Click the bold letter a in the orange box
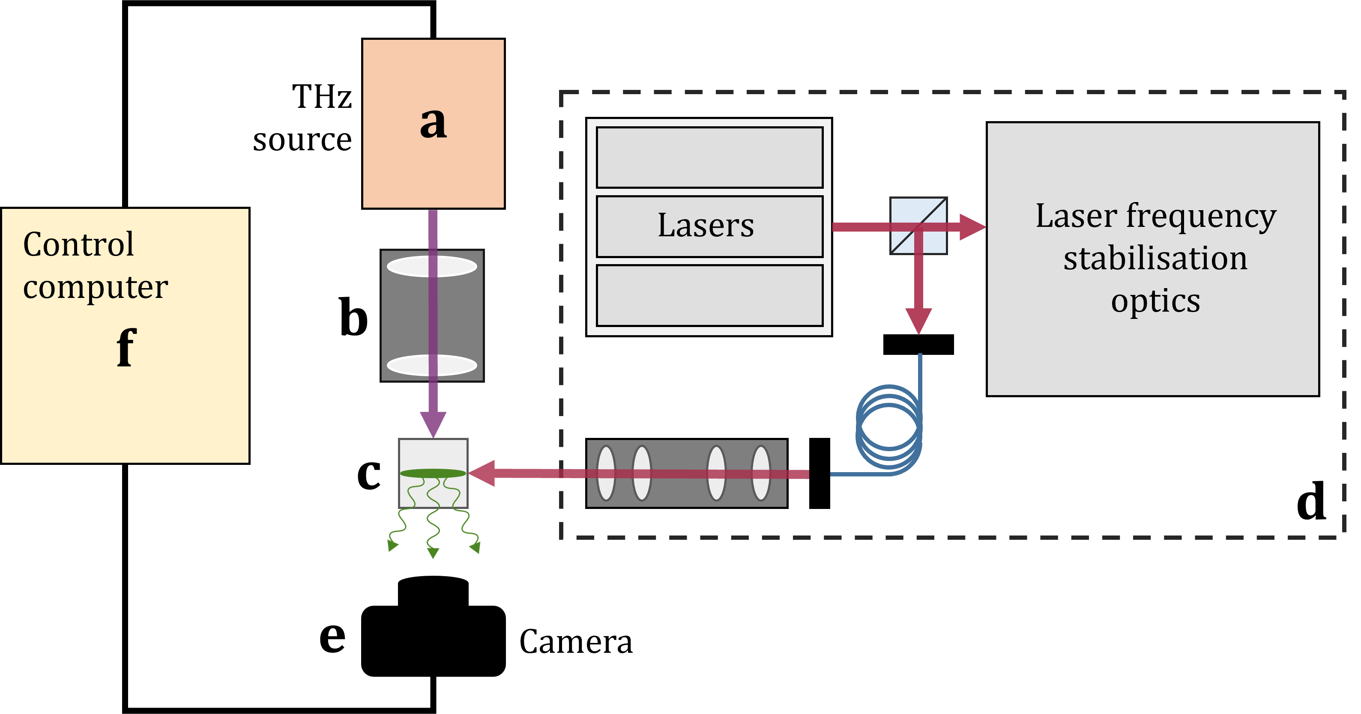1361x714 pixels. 433,123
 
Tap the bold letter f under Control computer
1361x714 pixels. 126,347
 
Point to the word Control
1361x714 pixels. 79,244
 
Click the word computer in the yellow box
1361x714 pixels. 96,287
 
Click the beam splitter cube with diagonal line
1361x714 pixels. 918,226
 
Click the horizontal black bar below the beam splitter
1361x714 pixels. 918,344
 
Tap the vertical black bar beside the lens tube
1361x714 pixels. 820,473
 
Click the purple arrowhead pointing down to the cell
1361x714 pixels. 433,424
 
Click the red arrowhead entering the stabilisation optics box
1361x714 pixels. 972,227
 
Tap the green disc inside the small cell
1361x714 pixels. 433,473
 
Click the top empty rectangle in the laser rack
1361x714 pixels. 709,158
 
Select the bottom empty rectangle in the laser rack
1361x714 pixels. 709,296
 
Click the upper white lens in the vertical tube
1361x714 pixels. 432,267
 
